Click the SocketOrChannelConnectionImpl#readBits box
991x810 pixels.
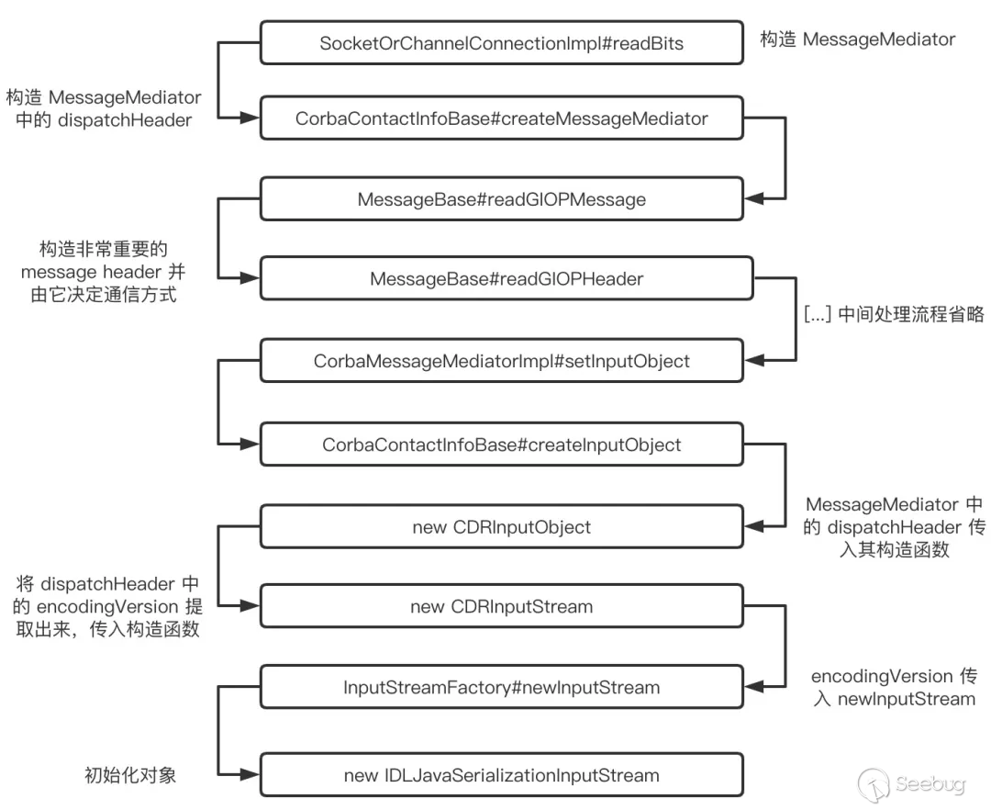[x=501, y=42]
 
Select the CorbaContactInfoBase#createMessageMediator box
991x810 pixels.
[x=501, y=118]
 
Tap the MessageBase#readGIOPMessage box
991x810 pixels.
[x=501, y=199]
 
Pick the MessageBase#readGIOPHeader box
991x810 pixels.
[x=507, y=279]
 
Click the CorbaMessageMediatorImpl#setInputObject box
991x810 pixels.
[x=501, y=361]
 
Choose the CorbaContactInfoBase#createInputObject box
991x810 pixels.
[x=501, y=444]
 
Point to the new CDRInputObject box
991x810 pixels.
[x=501, y=527]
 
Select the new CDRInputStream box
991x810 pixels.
[x=501, y=606]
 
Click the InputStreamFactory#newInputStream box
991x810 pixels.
[x=501, y=687]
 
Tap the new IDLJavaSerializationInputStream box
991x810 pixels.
[x=501, y=775]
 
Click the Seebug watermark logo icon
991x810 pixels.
[x=874, y=785]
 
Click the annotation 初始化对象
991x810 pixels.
[x=129, y=775]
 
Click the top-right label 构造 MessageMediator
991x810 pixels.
[x=857, y=39]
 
